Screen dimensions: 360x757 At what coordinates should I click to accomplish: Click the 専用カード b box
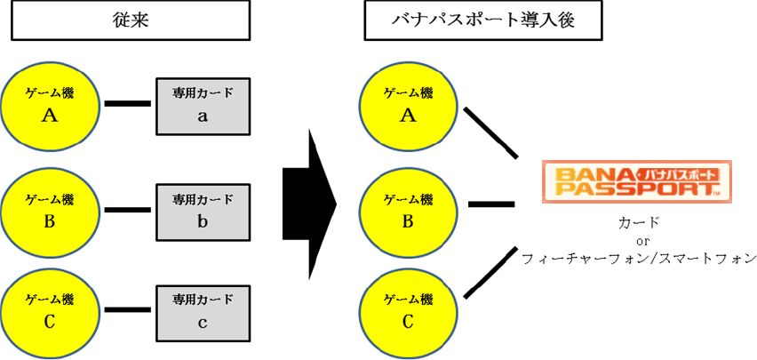[x=203, y=211]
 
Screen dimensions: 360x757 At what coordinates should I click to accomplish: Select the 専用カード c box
[x=203, y=312]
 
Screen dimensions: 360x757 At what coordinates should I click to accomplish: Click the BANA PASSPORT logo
[x=636, y=180]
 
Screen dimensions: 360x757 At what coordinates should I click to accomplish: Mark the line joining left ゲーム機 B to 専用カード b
[x=128, y=211]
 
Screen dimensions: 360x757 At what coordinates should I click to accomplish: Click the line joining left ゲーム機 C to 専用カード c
[x=128, y=312]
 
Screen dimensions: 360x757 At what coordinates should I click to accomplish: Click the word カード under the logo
[x=637, y=221]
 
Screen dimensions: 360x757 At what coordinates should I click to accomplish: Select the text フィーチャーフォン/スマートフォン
[x=639, y=259]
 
